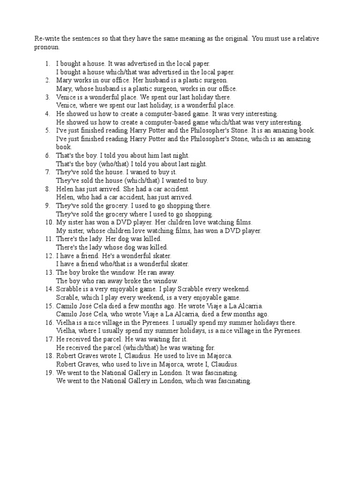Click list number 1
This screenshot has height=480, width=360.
[47, 63]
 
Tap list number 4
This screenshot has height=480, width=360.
[47, 113]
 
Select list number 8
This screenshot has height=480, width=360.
[47, 189]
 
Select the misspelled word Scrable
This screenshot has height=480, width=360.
[67, 298]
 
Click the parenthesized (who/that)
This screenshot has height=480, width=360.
[108, 164]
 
